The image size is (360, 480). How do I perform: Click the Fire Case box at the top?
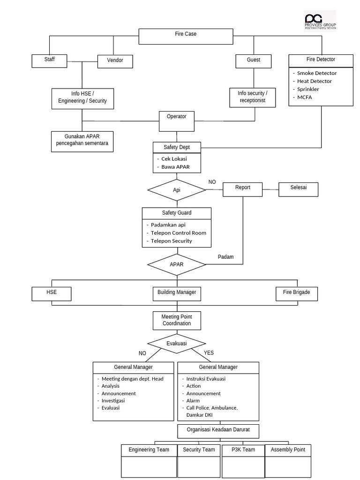(x=186, y=37)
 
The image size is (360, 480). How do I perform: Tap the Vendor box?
(x=115, y=61)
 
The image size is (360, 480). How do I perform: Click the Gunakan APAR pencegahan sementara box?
(x=82, y=141)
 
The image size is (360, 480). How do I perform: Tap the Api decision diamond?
(x=177, y=190)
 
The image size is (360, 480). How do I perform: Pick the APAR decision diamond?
(x=177, y=265)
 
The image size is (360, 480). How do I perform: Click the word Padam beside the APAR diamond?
(x=225, y=257)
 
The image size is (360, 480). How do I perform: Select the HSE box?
(x=51, y=293)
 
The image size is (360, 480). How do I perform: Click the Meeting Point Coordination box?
(x=176, y=321)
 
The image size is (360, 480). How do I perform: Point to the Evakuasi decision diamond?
(x=177, y=344)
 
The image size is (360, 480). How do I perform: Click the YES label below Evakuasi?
(x=209, y=353)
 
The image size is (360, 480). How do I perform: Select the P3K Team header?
(x=243, y=450)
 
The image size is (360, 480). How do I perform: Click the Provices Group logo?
(x=320, y=20)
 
